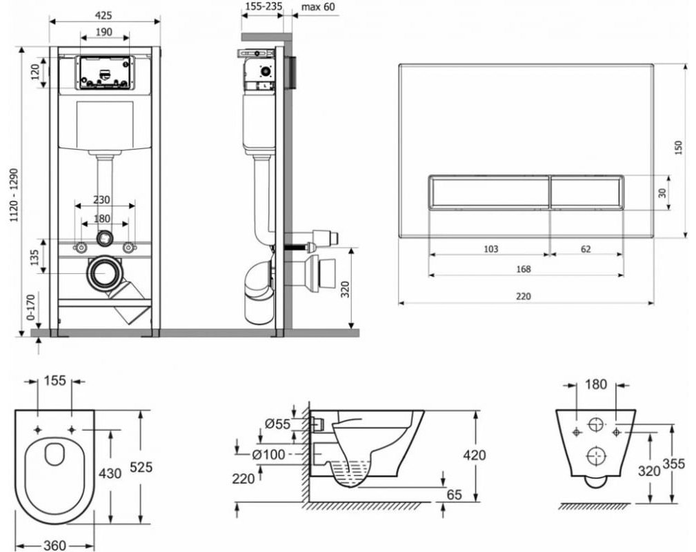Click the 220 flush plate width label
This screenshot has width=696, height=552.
point(525,296)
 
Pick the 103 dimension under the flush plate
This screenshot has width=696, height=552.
point(490,249)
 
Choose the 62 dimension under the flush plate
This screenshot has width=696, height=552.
point(586,249)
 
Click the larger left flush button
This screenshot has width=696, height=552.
point(489,191)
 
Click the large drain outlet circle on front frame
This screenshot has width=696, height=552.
point(104,273)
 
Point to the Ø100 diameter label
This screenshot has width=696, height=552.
point(267,454)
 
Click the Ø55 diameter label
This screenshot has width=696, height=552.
point(276,424)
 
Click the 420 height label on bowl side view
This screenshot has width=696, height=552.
point(475,455)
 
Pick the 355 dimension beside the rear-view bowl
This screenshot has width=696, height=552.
point(673,464)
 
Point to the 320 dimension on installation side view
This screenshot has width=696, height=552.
point(346,288)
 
